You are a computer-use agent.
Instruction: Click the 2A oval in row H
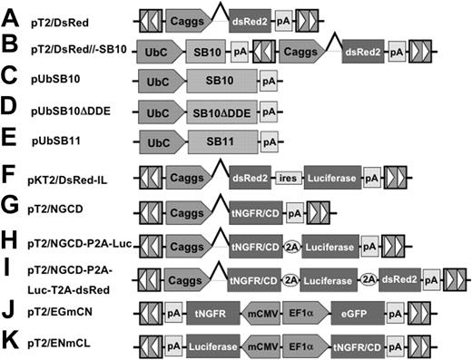point(293,246)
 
